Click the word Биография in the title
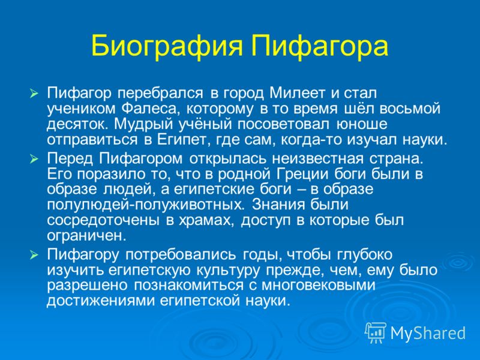[x=167, y=46]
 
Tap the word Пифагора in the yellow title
[x=320, y=46]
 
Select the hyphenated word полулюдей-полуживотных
[x=146, y=205]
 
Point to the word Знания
[x=279, y=205]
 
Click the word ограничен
[x=86, y=236]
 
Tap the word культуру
[x=229, y=270]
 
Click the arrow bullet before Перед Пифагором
[x=34, y=159]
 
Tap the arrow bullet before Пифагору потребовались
[x=34, y=255]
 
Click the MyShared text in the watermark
[x=428, y=333]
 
